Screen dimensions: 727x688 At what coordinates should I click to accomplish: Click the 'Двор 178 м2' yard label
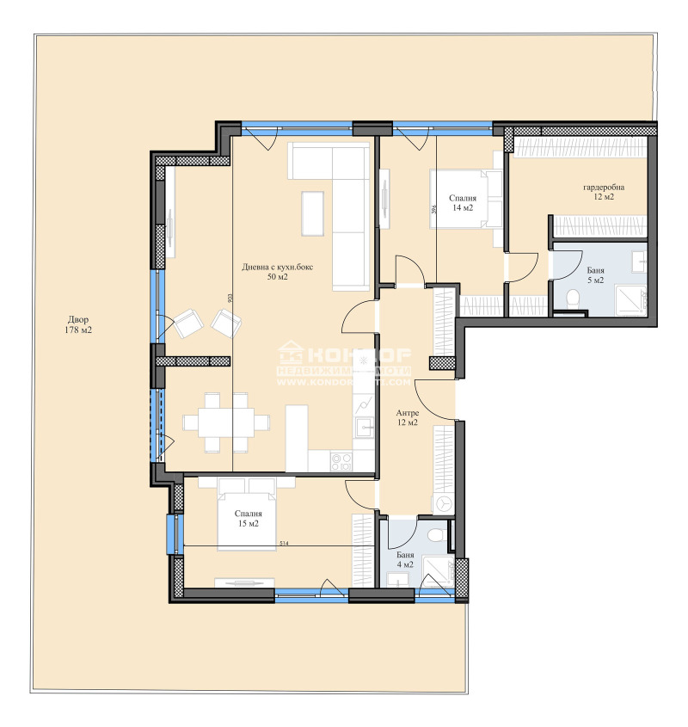(78, 324)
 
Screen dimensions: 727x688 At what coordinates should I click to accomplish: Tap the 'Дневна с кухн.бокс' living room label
(277, 271)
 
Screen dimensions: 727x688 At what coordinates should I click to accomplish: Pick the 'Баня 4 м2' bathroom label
(405, 560)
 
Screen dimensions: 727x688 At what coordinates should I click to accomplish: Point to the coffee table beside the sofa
(311, 212)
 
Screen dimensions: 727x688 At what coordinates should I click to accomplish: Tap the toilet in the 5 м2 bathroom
(573, 299)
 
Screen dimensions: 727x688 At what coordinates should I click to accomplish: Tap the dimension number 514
(285, 544)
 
